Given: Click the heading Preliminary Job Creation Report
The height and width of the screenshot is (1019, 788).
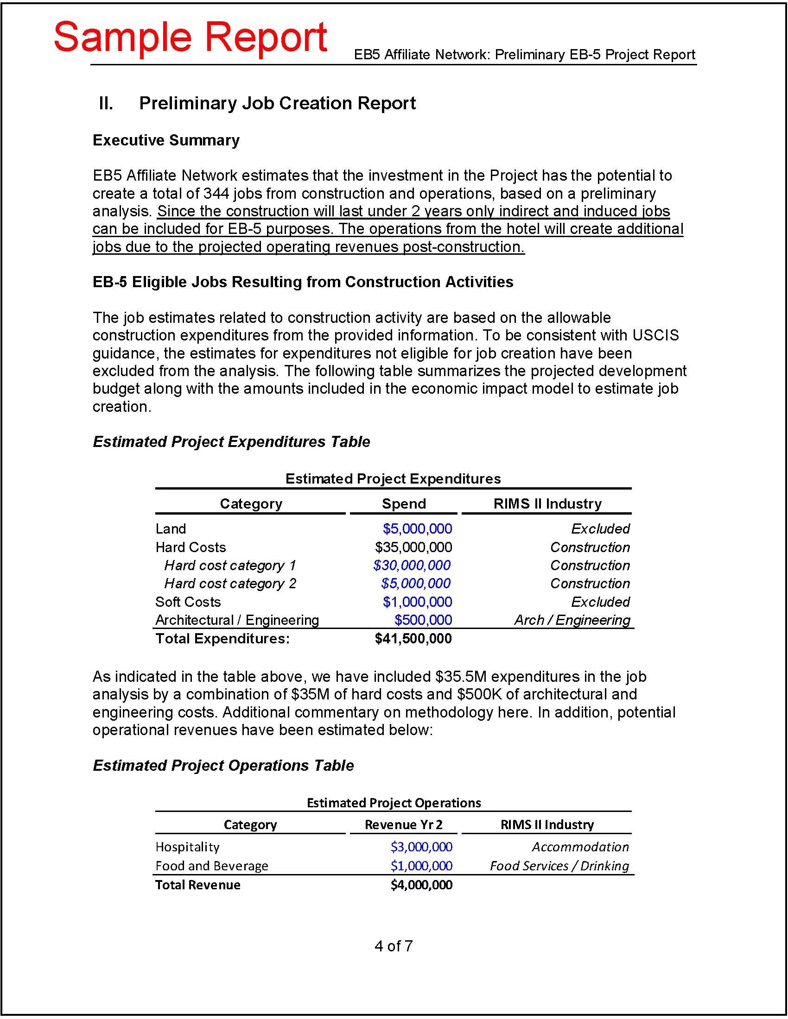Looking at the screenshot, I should pos(277,103).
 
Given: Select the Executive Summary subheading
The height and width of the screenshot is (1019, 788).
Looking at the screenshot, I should pos(166,140).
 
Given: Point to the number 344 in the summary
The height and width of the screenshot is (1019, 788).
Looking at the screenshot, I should pos(216,193).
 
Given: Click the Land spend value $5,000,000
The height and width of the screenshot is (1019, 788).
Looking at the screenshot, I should pos(417,528).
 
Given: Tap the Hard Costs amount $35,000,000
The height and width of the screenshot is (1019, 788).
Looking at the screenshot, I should pos(413,547).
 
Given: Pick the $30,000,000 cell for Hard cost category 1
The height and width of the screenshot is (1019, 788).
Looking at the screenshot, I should pos(412,565).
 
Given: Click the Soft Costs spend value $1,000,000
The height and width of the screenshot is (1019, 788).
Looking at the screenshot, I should pos(417,601).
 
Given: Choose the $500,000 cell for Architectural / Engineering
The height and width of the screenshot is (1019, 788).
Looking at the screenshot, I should pos(423,620).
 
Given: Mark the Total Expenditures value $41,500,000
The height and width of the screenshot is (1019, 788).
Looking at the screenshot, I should pos(413,638).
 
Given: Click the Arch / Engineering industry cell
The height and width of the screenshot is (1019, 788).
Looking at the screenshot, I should pos(572,620).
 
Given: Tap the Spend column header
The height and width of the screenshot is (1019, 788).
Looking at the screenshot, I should pos(403,503).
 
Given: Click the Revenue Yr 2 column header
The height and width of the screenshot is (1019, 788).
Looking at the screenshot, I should pos(403,824).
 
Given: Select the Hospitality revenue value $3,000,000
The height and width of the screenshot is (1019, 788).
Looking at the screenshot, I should pos(421,847).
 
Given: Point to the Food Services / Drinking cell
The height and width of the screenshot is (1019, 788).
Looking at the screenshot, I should pos(559,866).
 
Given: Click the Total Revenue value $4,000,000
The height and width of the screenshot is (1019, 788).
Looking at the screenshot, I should pos(421,885).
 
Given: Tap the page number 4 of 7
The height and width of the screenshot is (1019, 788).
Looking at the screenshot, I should pos(394,946).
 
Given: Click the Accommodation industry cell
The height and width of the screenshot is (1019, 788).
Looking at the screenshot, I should pos(580,847).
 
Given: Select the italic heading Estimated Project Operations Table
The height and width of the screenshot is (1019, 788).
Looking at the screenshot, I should pos(223,765).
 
